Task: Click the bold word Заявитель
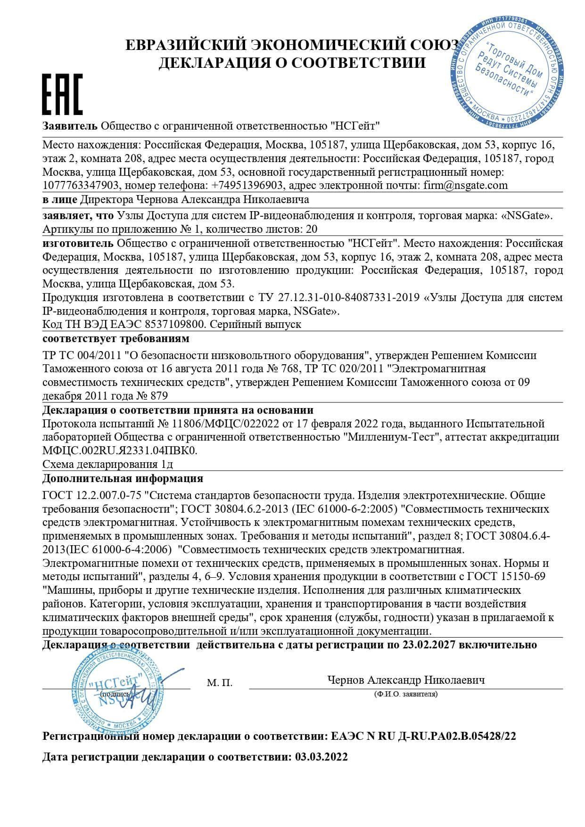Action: [70, 126]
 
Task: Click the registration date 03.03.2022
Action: [321, 757]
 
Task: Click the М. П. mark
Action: [219, 683]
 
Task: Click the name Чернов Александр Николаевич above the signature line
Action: [405, 680]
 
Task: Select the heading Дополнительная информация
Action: [123, 479]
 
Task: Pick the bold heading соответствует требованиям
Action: [116, 339]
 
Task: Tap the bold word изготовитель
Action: [78, 243]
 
